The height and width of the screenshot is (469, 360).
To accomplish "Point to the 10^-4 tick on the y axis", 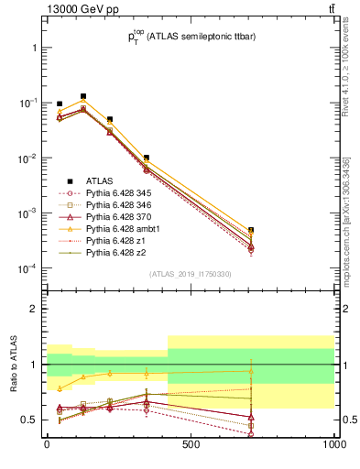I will (x=26, y=268).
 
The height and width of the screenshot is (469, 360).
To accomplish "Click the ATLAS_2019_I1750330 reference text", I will (x=191, y=274).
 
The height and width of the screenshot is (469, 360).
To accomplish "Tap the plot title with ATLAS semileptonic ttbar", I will (x=191, y=37).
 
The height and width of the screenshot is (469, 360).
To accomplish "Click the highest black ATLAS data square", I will (x=83, y=95).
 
